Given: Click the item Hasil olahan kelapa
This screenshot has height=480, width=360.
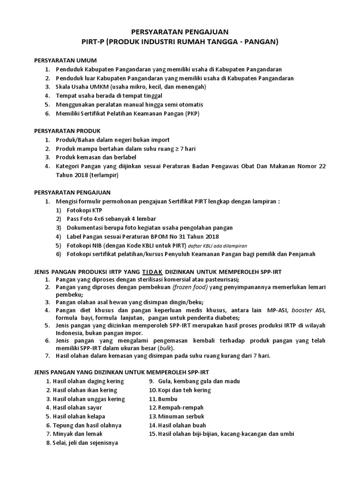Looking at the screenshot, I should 79,416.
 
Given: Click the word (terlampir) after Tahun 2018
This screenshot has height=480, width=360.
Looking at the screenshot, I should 104,175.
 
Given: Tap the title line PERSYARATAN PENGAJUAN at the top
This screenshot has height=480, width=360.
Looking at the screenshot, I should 180,32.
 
